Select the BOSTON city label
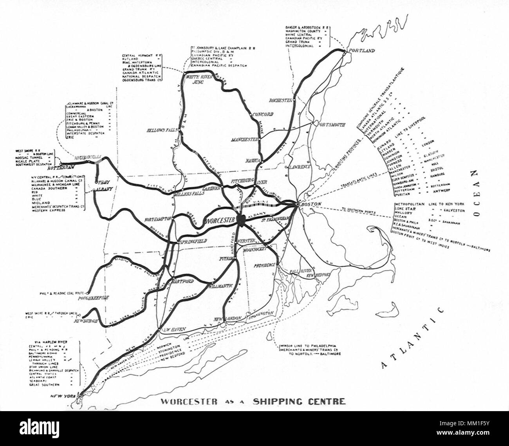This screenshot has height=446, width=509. pyautogui.click(x=312, y=204)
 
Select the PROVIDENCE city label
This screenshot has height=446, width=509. pyautogui.click(x=265, y=265)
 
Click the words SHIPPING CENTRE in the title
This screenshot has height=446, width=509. pyautogui.click(x=299, y=401)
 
